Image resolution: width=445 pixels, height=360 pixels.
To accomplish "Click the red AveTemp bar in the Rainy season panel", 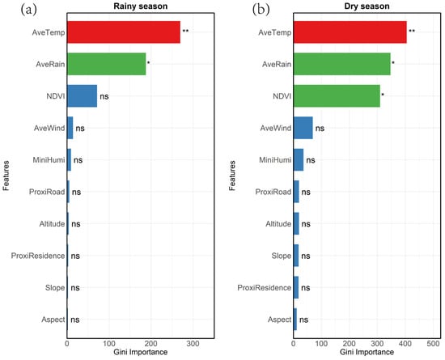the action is coord(124,32).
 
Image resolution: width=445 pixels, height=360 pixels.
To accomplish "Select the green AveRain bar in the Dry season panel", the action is coord(341,64).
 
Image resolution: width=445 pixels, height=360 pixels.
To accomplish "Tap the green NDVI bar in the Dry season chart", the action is coord(337,96).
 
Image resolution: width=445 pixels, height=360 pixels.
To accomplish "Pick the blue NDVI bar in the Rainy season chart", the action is coord(82,96).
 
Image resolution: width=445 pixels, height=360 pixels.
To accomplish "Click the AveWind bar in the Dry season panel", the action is coord(303,128).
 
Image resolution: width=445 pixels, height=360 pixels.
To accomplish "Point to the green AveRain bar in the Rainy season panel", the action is coord(107,64).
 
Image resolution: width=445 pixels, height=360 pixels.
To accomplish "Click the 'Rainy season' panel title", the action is coord(141,6).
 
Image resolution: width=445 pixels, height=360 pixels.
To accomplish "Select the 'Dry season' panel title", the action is coord(367,6).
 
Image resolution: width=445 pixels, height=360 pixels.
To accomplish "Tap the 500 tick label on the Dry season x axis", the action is coord(433,344).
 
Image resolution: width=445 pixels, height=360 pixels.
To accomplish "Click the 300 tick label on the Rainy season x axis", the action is coord(193,344).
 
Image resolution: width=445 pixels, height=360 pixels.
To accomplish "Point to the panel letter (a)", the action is coord(28,10).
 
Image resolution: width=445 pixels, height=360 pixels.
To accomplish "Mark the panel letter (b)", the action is coord(261,10).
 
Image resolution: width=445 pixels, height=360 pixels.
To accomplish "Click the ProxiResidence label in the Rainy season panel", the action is coord(38,256).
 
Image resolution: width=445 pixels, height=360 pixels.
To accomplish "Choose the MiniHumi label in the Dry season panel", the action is coord(275,160).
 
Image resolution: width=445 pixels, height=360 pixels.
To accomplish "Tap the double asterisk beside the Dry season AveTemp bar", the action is coord(412,31).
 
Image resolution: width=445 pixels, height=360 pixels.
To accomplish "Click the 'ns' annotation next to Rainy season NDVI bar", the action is coord(104,97).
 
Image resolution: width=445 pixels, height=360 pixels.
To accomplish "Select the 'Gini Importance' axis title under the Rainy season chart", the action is coord(141,352).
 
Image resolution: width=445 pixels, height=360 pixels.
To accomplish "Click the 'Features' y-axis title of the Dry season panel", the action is coord(232,176).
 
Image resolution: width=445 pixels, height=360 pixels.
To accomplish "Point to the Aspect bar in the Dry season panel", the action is coord(295,320).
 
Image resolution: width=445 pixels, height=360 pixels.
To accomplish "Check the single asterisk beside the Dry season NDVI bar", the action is coord(383,94).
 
